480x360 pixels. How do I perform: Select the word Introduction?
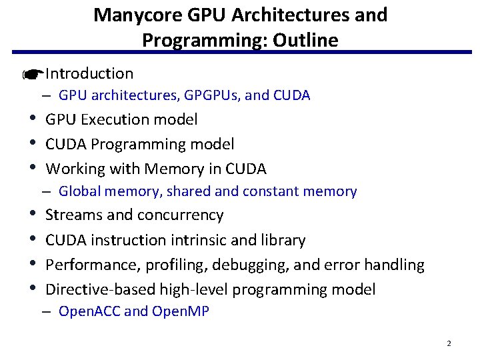pyautogui.click(x=89, y=73)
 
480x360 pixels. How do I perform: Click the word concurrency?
pyautogui.click(x=180, y=215)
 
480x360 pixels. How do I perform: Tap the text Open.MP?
pyautogui.click(x=181, y=311)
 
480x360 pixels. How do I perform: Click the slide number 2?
pyautogui.click(x=449, y=343)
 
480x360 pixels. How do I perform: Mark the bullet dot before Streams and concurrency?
pyautogui.click(x=33, y=215)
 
